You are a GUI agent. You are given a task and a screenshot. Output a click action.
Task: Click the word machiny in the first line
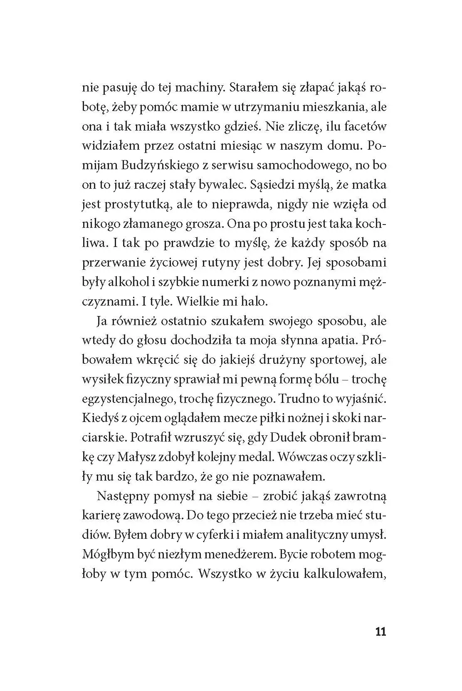(x=194, y=88)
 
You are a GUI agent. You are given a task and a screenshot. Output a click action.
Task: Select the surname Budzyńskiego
(x=156, y=165)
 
